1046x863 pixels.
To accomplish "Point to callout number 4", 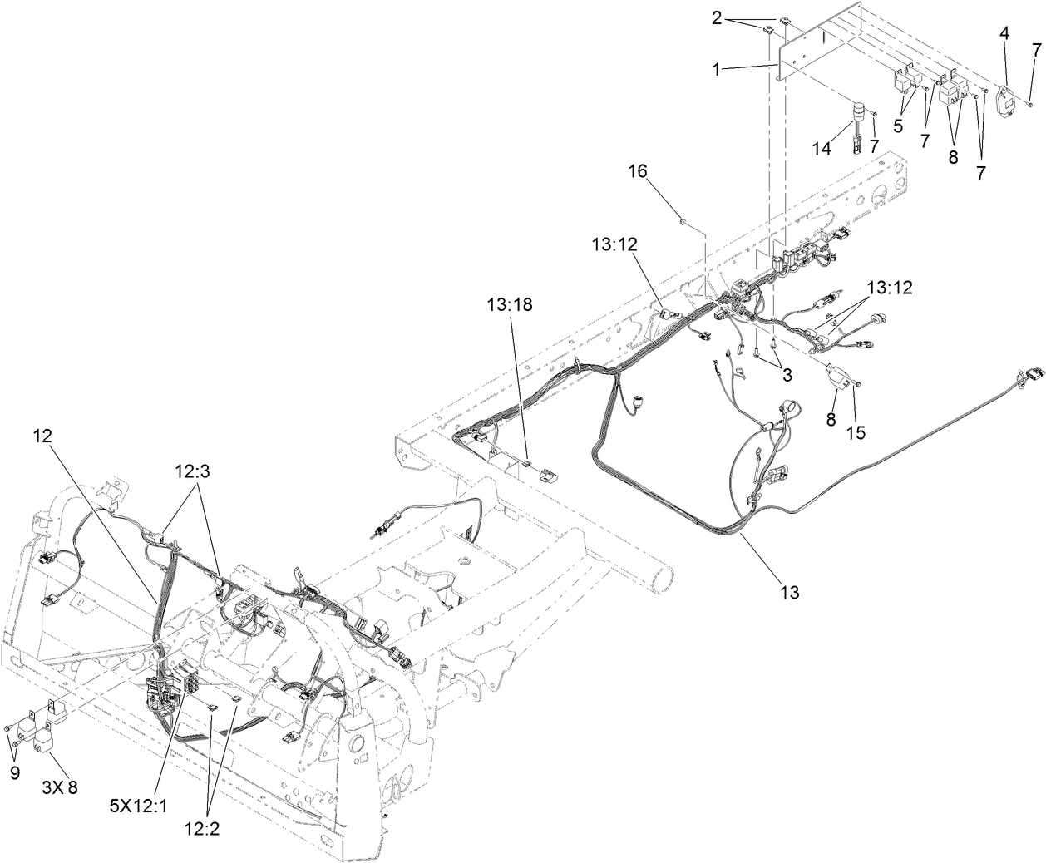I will (x=1005, y=32).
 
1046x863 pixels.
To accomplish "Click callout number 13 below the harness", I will (x=789, y=592).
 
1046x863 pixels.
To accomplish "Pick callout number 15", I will (x=856, y=431).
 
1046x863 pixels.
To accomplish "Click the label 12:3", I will (x=193, y=470).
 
